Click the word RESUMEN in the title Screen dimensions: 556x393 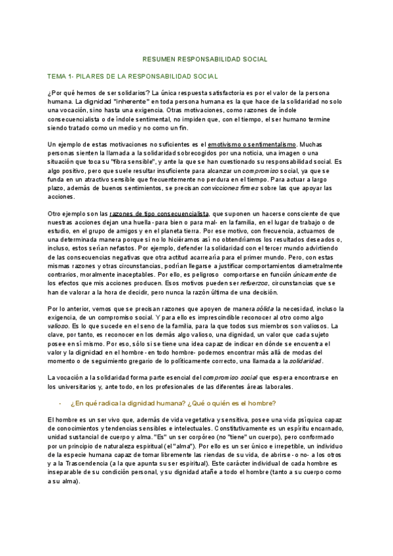tap(159, 59)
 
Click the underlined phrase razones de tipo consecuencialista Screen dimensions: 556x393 tap(160, 214)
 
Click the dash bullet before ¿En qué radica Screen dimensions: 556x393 tap(60, 403)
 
